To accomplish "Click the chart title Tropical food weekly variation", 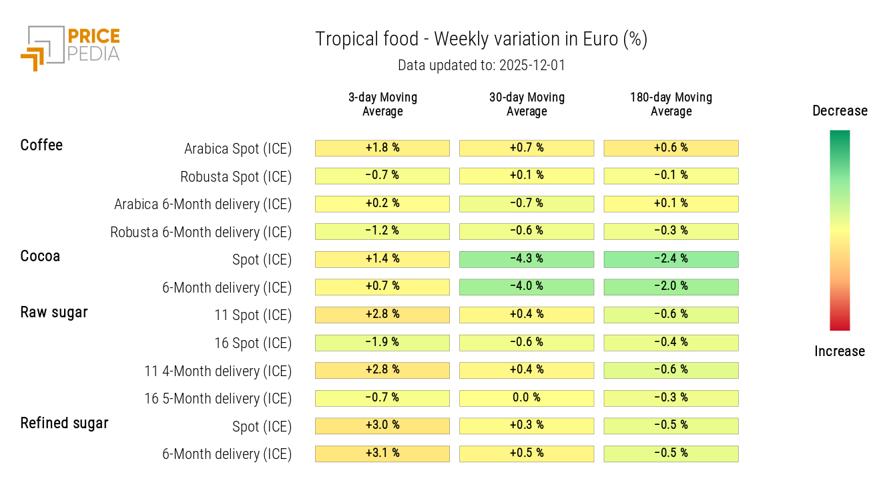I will coord(481,39).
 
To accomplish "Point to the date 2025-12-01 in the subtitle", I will coord(532,65).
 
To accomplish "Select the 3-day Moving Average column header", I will coord(382,104).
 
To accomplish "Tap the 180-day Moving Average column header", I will coord(671,104).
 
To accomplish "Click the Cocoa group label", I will coord(40,257).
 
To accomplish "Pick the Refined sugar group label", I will coord(64,423).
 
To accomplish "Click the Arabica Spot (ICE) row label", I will coord(238,149).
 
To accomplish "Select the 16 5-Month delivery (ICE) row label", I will coord(218,399).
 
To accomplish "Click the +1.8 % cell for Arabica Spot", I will coord(382,148).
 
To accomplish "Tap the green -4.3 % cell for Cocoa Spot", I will coord(527,259).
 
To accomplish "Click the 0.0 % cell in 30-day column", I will coord(527,398).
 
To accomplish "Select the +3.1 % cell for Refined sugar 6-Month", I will coord(382,454).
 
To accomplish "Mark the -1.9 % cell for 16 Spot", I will coord(382,343).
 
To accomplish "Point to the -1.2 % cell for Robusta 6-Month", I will coord(382,231).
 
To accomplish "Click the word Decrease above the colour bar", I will coord(840,111).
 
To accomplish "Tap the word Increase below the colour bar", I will coord(840,351).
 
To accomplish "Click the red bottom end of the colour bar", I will coord(840,324).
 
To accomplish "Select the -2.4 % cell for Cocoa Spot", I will coord(671,259).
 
